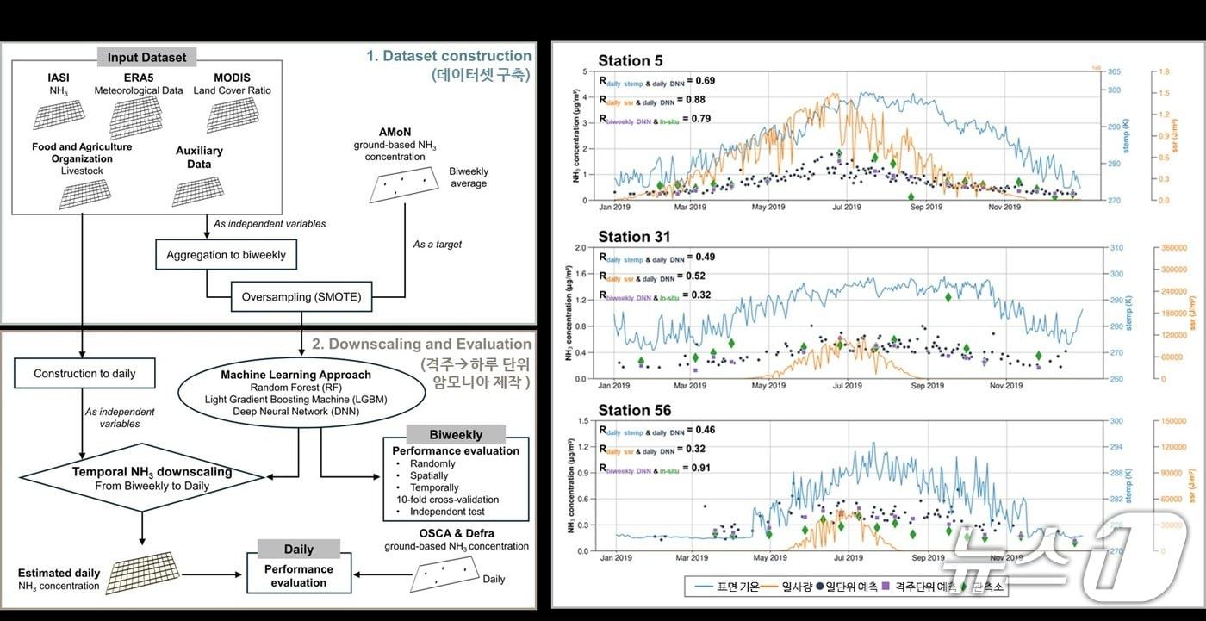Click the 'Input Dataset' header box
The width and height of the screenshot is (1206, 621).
click(x=146, y=58)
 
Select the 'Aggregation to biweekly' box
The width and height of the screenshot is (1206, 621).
click(x=226, y=255)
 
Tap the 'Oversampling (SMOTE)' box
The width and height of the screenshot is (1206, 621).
click(x=301, y=298)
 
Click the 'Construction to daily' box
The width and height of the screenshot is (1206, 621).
click(x=84, y=373)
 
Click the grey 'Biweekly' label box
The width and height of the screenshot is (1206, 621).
click(x=456, y=435)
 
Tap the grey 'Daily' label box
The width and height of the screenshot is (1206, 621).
click(x=299, y=549)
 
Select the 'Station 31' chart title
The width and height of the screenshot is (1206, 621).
click(x=634, y=237)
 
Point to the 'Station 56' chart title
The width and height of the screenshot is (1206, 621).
click(x=635, y=410)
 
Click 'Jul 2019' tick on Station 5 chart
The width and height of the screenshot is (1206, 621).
click(x=847, y=207)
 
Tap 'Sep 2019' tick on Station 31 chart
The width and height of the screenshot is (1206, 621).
click(x=928, y=386)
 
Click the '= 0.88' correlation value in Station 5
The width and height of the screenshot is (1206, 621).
click(x=699, y=100)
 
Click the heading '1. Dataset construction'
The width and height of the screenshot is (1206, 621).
click(x=449, y=56)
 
